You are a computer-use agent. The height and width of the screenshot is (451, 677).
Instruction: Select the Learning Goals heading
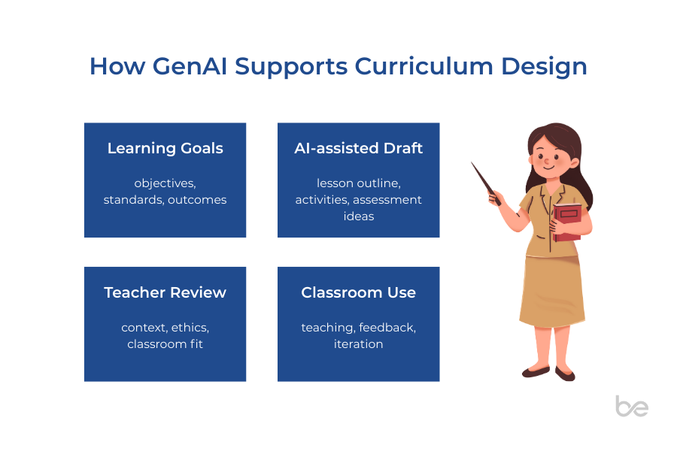click(165, 148)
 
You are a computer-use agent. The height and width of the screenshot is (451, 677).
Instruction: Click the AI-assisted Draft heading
click(358, 148)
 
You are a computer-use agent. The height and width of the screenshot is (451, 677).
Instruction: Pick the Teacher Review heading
click(165, 292)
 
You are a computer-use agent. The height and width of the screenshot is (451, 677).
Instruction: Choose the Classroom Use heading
click(358, 292)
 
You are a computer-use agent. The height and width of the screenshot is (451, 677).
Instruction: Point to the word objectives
click(164, 183)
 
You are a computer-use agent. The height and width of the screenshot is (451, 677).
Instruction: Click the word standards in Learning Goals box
click(132, 200)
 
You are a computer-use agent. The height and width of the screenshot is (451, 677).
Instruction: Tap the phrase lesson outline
click(358, 183)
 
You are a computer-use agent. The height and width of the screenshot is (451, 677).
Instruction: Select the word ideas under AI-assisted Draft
click(358, 216)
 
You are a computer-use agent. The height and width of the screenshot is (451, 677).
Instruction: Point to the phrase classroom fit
click(165, 344)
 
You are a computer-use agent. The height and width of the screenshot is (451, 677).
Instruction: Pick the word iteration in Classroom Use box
click(358, 344)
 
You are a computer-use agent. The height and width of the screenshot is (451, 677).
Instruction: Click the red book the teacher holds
click(567, 222)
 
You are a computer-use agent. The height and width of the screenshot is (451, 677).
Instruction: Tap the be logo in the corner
click(632, 406)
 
